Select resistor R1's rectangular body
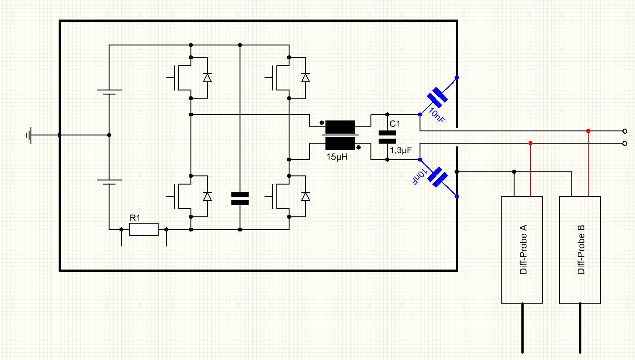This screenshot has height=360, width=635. [144, 230]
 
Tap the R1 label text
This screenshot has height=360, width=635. [135, 218]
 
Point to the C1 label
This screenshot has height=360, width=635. [395, 124]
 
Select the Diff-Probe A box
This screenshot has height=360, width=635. [522, 250]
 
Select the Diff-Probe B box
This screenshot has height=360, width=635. [580, 250]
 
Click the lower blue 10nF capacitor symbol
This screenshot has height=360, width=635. [437, 177]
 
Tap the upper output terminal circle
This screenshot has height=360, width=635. [625, 131]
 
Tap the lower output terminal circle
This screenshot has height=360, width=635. [625, 143]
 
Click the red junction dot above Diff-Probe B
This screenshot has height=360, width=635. [588, 131]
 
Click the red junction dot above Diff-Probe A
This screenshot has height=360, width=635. [530, 143]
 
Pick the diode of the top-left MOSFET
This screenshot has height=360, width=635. [207, 78]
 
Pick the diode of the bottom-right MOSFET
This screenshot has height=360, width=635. [305, 196]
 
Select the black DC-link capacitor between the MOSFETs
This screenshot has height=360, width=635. [240, 198]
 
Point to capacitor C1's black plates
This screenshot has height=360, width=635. [387, 137]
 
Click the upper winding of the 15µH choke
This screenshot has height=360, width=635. [340, 126]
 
